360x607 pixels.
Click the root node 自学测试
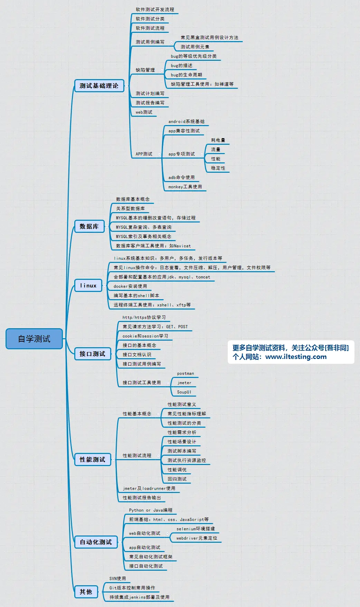click(x=34, y=339)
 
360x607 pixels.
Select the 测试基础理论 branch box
click(x=99, y=86)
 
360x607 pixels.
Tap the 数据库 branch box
click(x=89, y=226)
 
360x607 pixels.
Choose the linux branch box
click(x=88, y=285)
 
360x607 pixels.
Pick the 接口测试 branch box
click(x=93, y=354)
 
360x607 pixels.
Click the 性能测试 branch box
click(x=93, y=459)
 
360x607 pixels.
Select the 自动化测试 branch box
click(x=96, y=542)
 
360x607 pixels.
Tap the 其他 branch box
click(x=86, y=592)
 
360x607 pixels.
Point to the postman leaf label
click(x=186, y=373)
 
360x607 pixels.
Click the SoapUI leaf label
click(x=184, y=392)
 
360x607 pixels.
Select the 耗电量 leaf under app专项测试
click(x=218, y=140)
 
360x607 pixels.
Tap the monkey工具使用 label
click(x=185, y=187)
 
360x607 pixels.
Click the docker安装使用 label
click(x=130, y=286)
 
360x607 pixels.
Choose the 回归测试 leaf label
click(x=177, y=479)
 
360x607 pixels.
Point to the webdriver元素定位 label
click(x=197, y=538)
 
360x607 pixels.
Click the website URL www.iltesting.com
click(x=296, y=357)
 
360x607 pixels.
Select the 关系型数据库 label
click(x=130, y=209)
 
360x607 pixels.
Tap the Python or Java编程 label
click(x=151, y=510)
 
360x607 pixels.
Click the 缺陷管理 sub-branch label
click(x=145, y=70)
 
